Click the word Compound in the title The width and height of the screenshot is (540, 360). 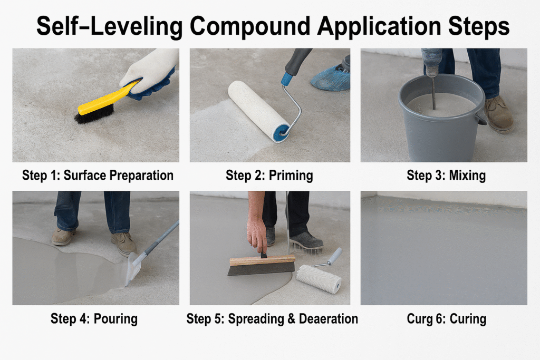click(x=250, y=27)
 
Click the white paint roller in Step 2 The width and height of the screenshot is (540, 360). click(x=258, y=111)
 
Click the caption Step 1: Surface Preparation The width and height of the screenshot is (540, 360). click(x=98, y=176)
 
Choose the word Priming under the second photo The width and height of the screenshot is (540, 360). click(x=291, y=176)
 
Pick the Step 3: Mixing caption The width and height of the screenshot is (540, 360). click(x=446, y=176)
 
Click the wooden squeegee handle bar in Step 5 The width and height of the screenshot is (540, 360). click(x=263, y=260)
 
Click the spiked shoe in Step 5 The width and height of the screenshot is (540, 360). click(x=306, y=240)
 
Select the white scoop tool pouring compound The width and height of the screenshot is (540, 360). click(x=134, y=268)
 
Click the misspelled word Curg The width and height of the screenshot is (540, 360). click(x=420, y=319)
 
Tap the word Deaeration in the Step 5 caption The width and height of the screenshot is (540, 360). click(x=328, y=319)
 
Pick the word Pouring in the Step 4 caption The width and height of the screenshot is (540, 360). click(x=115, y=319)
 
